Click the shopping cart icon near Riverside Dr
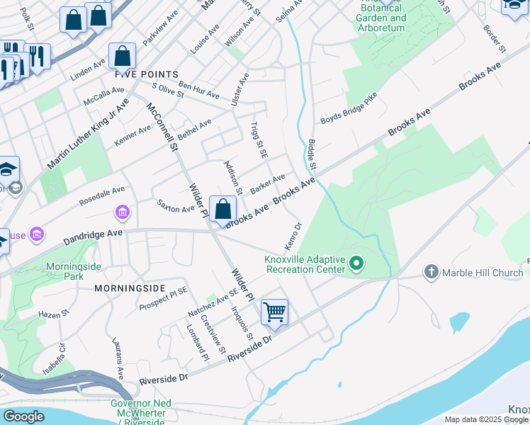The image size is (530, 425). pos(274,312)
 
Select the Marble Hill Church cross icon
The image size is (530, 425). pos(432,272)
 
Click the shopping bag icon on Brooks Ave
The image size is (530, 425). pos(222,209)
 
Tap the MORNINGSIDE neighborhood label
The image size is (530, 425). pos(130,289)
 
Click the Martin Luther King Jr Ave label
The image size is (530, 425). pos(88,134)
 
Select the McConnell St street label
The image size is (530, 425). pos(162,127)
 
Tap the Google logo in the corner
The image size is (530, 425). pos(23,416)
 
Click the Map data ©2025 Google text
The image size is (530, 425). pos(485,419)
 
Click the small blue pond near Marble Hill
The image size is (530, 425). pos(459,322)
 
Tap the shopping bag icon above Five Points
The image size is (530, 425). pos(123,57)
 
